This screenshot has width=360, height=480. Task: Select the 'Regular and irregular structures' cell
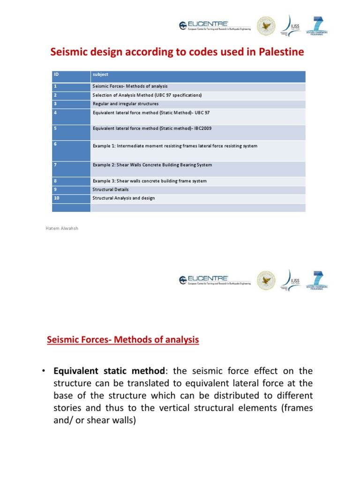126,104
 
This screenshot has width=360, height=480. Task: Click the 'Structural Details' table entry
111,189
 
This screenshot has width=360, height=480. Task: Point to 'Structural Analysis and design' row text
124,198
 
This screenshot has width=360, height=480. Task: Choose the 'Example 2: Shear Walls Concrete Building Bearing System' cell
152,165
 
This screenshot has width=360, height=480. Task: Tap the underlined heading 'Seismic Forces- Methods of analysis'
123,339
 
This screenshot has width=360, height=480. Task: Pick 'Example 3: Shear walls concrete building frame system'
150,181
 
